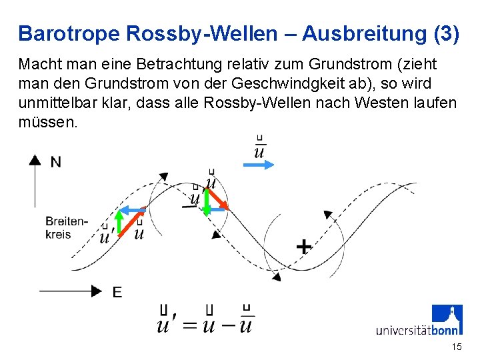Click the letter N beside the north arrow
pyautogui.click(x=56, y=162)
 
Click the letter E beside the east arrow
pyautogui.click(x=117, y=292)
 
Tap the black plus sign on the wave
pyautogui.click(x=303, y=246)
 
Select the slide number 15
pyautogui.click(x=456, y=347)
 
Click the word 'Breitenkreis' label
pyautogui.click(x=67, y=227)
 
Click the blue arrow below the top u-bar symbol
pyautogui.click(x=258, y=165)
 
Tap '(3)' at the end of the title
pyautogui.click(x=446, y=33)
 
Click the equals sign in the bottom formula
pyautogui.click(x=190, y=326)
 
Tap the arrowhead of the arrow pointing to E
pyautogui.click(x=97, y=291)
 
